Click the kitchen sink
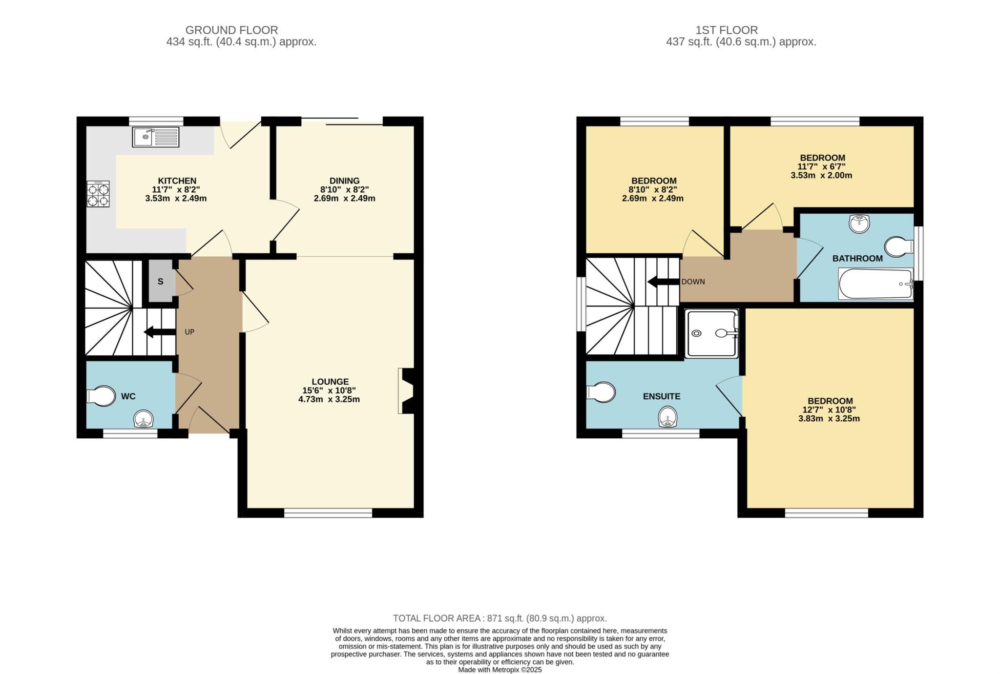[156, 137]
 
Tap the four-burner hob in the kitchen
[98, 194]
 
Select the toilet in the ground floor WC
[102, 396]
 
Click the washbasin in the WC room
[144, 419]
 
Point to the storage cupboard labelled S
[160, 282]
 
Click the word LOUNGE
[331, 382]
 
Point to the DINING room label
[344, 181]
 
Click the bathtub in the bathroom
[875, 284]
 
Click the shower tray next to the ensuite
[712, 333]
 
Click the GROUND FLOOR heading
[231, 30]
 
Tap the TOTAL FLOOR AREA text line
[500, 618]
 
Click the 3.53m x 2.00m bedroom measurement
[821, 175]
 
